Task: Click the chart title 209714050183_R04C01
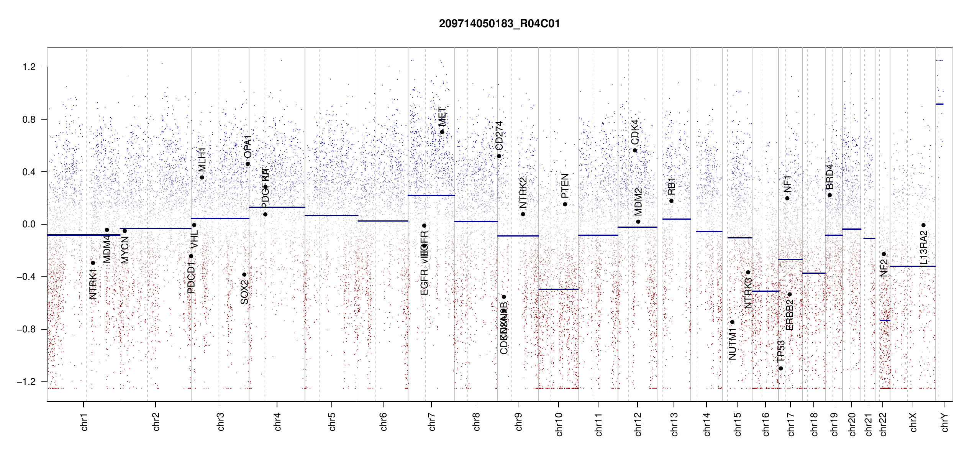[499, 24]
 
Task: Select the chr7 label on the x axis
[432, 422]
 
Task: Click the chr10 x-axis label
[559, 424]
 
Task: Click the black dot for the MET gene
[442, 132]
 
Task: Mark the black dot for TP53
[781, 368]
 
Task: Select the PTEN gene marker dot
[565, 204]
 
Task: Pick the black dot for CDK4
[635, 151]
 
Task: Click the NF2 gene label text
[884, 268]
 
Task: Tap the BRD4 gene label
[829, 177]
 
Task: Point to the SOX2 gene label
[244, 292]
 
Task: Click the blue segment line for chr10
[558, 289]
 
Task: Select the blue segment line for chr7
[431, 195]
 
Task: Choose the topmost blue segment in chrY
[939, 60]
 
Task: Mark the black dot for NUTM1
[732, 322]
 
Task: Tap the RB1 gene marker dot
[671, 201]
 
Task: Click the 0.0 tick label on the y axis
[29, 224]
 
